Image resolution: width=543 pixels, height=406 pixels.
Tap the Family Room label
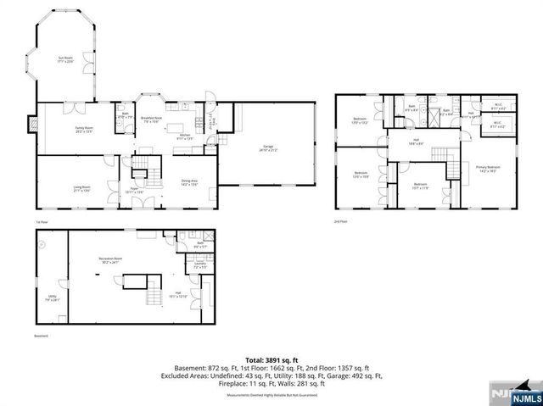tap(83, 129)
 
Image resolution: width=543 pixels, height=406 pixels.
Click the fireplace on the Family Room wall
tap(31, 124)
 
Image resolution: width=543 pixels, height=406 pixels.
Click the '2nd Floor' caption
tap(342, 221)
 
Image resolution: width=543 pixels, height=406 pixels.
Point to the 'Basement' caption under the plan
tap(42, 336)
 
